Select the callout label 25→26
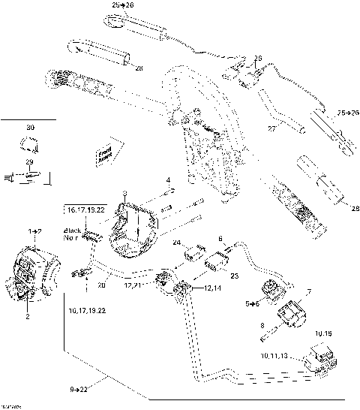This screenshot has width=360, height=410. coord(347,113)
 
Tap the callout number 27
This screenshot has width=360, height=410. coord(272,129)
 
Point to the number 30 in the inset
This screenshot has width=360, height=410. coord(30,128)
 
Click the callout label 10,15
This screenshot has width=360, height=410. coord(322,331)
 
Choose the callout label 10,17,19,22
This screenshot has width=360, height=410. coord(87,309)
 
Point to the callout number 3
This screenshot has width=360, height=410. coord(124,194)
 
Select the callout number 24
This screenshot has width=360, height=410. coord(177,243)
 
